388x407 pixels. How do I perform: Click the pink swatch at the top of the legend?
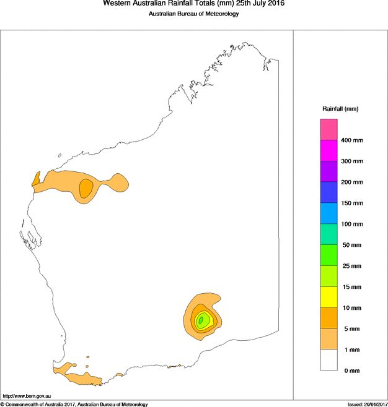pos(328,129)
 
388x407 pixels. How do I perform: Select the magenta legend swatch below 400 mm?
pos(328,150)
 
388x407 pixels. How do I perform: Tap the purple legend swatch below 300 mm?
pos(328,171)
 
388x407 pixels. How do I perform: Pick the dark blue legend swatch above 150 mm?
pos(328,192)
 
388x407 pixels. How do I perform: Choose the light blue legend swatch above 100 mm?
pos(328,213)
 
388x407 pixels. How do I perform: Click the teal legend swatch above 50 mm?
pos(328,234)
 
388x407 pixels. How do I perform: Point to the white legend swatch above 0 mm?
pos(328,360)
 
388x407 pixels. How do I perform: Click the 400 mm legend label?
pos(352,140)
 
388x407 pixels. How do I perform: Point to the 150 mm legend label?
pos(352,203)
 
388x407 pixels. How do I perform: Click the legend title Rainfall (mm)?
pos(340,109)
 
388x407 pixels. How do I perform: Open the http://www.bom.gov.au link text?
pos(26,396)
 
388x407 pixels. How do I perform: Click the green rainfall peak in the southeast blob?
pos(201,320)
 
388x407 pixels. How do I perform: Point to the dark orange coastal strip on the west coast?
pos(36,179)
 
